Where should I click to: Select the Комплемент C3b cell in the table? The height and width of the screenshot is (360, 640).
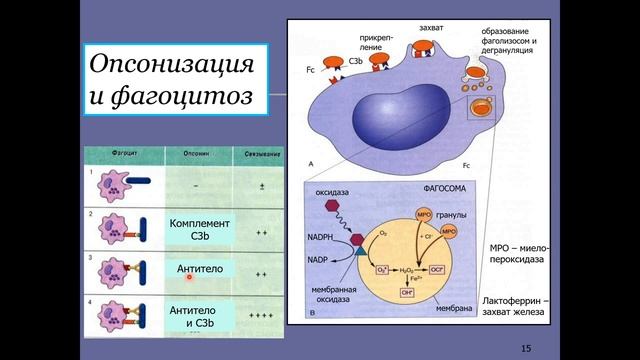[x=200, y=230]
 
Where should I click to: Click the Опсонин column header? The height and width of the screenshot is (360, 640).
[x=195, y=155]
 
